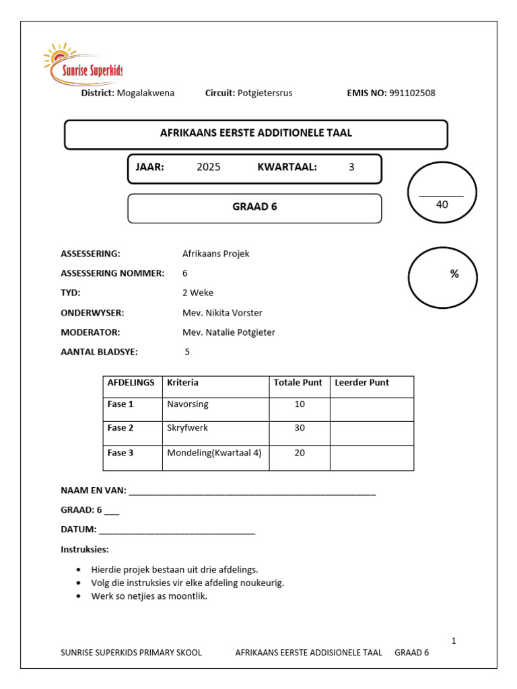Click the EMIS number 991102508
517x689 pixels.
click(x=412, y=94)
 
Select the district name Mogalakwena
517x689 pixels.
click(x=145, y=94)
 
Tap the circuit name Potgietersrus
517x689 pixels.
click(x=265, y=94)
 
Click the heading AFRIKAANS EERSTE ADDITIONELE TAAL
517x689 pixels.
click(x=256, y=133)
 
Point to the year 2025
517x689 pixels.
click(x=208, y=168)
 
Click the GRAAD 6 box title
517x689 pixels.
click(x=254, y=207)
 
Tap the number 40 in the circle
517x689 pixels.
click(x=442, y=205)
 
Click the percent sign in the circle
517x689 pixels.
click(x=454, y=274)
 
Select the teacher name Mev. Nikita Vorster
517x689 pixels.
click(x=222, y=313)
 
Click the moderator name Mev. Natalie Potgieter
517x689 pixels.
click(x=228, y=332)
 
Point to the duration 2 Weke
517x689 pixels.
click(x=197, y=293)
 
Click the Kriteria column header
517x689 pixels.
click(x=182, y=383)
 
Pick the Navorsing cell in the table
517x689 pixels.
click(x=188, y=404)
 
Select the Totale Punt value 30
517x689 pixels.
click(x=300, y=429)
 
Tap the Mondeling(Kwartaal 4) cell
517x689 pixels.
click(x=214, y=453)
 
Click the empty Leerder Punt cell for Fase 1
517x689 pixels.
click(x=371, y=409)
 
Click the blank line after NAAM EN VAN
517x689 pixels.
click(x=252, y=492)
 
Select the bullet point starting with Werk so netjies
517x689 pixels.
click(x=149, y=596)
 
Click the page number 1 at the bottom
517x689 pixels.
click(x=454, y=641)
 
